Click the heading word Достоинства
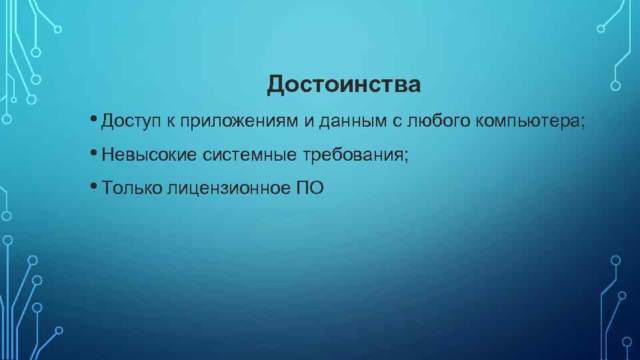344,85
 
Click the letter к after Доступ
170,122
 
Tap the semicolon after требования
406,156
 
